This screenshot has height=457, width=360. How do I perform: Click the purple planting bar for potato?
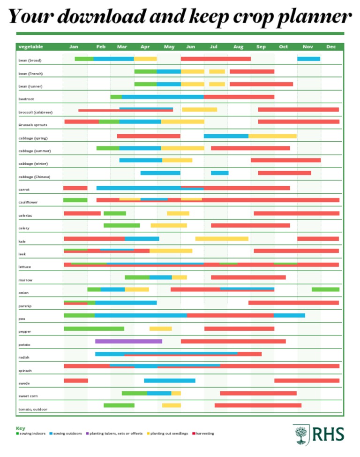128,341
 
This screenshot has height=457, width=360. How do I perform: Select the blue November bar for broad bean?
308,59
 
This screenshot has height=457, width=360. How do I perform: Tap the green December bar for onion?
325,289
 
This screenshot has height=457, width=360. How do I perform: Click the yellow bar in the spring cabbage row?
272,136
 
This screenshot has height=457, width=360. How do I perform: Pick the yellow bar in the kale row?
222,238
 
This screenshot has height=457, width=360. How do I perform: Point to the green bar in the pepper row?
94,328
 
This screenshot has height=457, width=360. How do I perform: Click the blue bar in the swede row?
169,381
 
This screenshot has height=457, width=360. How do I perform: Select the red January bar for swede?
75,381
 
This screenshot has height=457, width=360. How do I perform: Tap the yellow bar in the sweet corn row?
176,393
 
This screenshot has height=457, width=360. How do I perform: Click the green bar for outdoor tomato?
119,405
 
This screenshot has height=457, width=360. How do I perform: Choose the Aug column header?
238,47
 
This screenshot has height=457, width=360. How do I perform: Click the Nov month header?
308,47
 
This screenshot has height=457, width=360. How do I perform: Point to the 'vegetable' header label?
30,47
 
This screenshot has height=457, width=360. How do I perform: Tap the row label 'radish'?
24,358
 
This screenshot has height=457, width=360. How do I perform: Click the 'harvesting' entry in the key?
204,434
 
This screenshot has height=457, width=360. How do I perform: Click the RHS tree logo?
300,434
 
